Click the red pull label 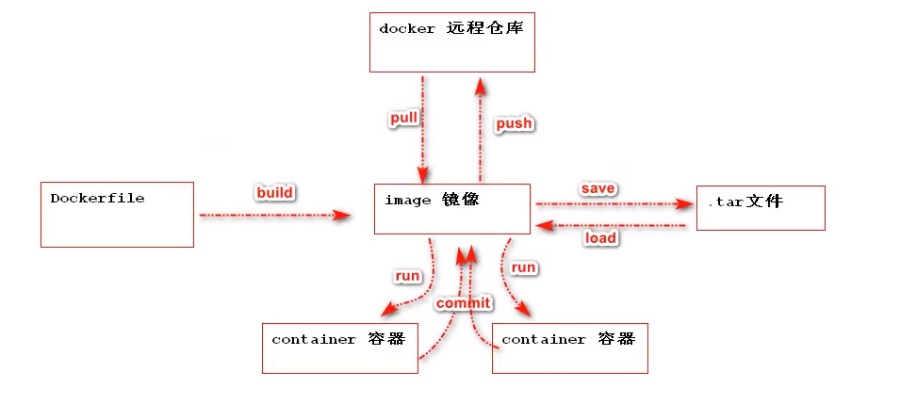coord(403,119)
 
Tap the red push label coord(514,123)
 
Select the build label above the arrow coord(275,193)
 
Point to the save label coord(598,188)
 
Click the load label coord(600,238)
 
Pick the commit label coord(463,302)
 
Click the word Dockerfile coord(97,198)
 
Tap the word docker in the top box coord(407,28)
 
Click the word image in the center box coord(408,200)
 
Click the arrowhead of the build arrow coord(343,216)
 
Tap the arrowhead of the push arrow coord(481,86)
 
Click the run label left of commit coord(407,276)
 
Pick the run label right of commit coord(523,267)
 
